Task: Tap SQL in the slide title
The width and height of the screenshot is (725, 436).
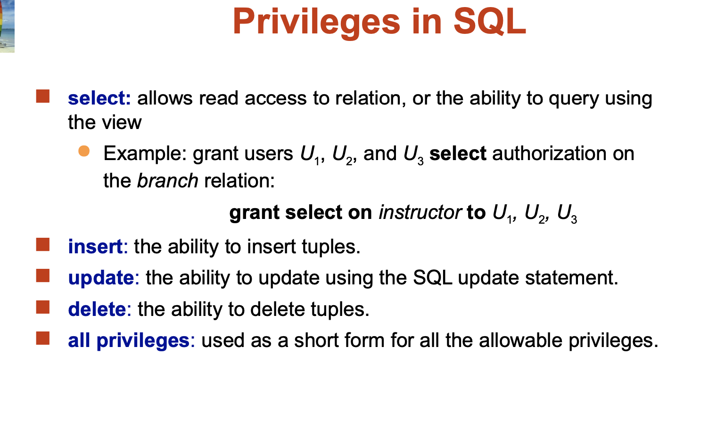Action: click(x=490, y=21)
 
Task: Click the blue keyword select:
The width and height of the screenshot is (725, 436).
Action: click(x=99, y=98)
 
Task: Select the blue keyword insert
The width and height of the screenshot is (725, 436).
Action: click(x=95, y=247)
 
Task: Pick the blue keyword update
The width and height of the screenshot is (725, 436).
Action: click(x=101, y=278)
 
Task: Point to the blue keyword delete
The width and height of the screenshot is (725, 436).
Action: click(x=97, y=309)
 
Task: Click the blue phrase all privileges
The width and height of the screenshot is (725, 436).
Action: click(x=129, y=341)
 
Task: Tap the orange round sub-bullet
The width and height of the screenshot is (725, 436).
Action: click(x=84, y=151)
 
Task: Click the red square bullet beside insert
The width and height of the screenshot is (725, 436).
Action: click(x=43, y=244)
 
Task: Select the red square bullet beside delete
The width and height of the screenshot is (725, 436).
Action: click(x=43, y=307)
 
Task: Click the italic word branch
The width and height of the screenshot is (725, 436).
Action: click(x=168, y=180)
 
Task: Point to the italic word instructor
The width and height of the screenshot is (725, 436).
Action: click(x=420, y=212)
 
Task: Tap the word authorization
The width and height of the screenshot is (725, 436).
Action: click(x=549, y=153)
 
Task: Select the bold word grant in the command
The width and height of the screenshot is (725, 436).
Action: click(x=255, y=213)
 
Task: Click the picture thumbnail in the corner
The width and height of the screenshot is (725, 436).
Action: click(x=7, y=26)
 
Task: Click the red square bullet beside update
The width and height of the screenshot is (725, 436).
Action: click(x=43, y=276)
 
